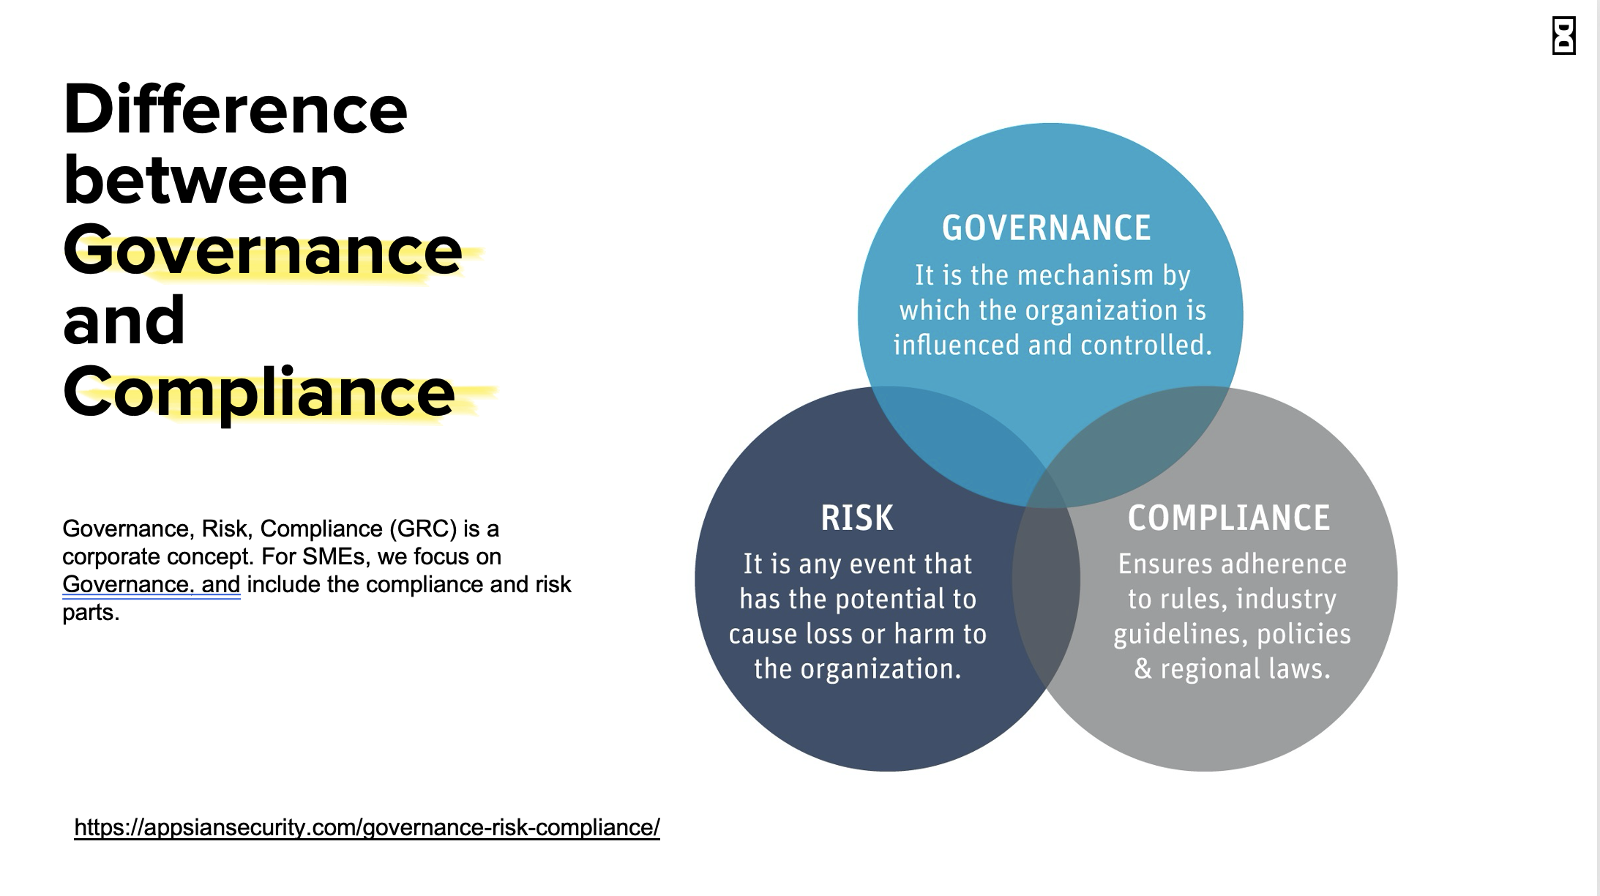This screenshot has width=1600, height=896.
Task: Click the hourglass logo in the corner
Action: coord(1563,36)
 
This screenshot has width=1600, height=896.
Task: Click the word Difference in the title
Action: coord(235,110)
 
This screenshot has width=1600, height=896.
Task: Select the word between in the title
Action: coord(206,180)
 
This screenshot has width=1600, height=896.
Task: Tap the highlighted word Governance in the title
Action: coord(262,250)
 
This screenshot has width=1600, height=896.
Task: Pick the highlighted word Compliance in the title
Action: coord(258,392)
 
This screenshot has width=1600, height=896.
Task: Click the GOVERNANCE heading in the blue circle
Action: coord(1046,228)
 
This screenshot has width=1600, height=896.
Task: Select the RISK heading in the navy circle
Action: coord(857,518)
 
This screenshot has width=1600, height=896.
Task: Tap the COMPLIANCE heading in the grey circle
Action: coord(1228,518)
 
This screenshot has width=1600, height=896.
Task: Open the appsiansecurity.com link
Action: coord(367,827)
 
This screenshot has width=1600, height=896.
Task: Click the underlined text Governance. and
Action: coord(151,584)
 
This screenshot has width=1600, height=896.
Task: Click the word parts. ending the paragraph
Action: coord(91,612)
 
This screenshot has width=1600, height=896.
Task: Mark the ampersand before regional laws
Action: coord(1143,669)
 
